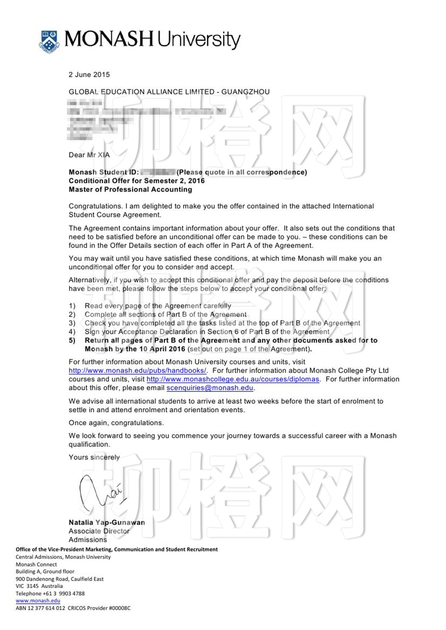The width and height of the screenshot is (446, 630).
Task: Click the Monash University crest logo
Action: click(49, 41)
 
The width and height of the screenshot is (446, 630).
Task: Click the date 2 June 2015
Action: click(89, 75)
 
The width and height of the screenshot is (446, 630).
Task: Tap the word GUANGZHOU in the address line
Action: click(245, 92)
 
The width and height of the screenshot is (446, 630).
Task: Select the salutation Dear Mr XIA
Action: click(89, 155)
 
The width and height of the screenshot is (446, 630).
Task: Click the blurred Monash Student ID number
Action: click(158, 172)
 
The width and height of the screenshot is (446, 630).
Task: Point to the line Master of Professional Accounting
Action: click(130, 190)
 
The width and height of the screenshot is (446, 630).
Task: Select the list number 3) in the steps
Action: click(72, 323)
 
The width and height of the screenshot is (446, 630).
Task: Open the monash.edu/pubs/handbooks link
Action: click(137, 370)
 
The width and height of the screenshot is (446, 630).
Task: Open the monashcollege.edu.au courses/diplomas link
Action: click(233, 379)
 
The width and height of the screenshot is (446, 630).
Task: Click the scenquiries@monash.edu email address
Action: click(210, 388)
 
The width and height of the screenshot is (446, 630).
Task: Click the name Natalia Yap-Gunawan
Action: click(107, 522)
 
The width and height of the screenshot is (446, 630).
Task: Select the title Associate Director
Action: click(99, 531)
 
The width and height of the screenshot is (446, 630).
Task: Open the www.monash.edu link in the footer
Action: click(38, 601)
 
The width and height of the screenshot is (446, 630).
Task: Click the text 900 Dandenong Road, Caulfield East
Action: click(60, 579)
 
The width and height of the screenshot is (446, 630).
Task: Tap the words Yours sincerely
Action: click(94, 457)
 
